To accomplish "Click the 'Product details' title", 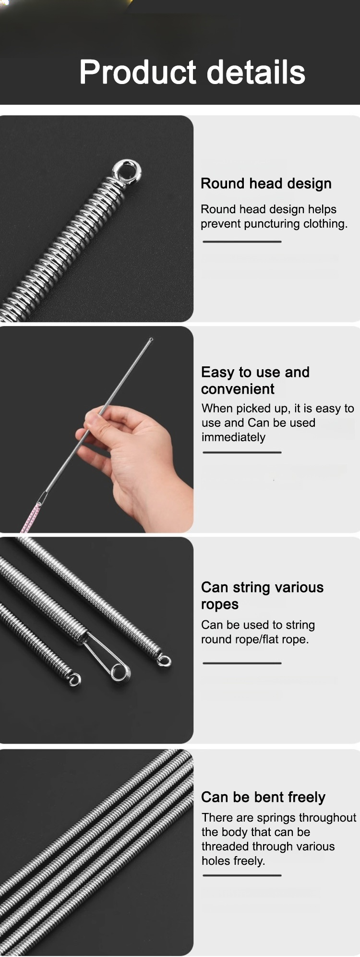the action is (192, 73).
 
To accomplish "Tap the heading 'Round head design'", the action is (266, 183).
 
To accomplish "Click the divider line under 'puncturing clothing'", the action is (242, 242).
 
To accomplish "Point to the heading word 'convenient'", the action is (238, 389).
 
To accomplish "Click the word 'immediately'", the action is (233, 437).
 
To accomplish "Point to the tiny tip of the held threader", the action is (151, 339).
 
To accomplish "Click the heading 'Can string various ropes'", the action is (262, 595).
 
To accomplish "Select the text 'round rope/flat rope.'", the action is (255, 640).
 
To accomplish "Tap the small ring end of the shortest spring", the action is (74, 679).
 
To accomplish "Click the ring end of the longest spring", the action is (164, 661).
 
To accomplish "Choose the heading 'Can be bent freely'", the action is (263, 798).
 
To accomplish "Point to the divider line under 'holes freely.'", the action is (242, 875).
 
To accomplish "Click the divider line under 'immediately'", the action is (242, 452).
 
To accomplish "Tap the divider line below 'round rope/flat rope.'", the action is (242, 663).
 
